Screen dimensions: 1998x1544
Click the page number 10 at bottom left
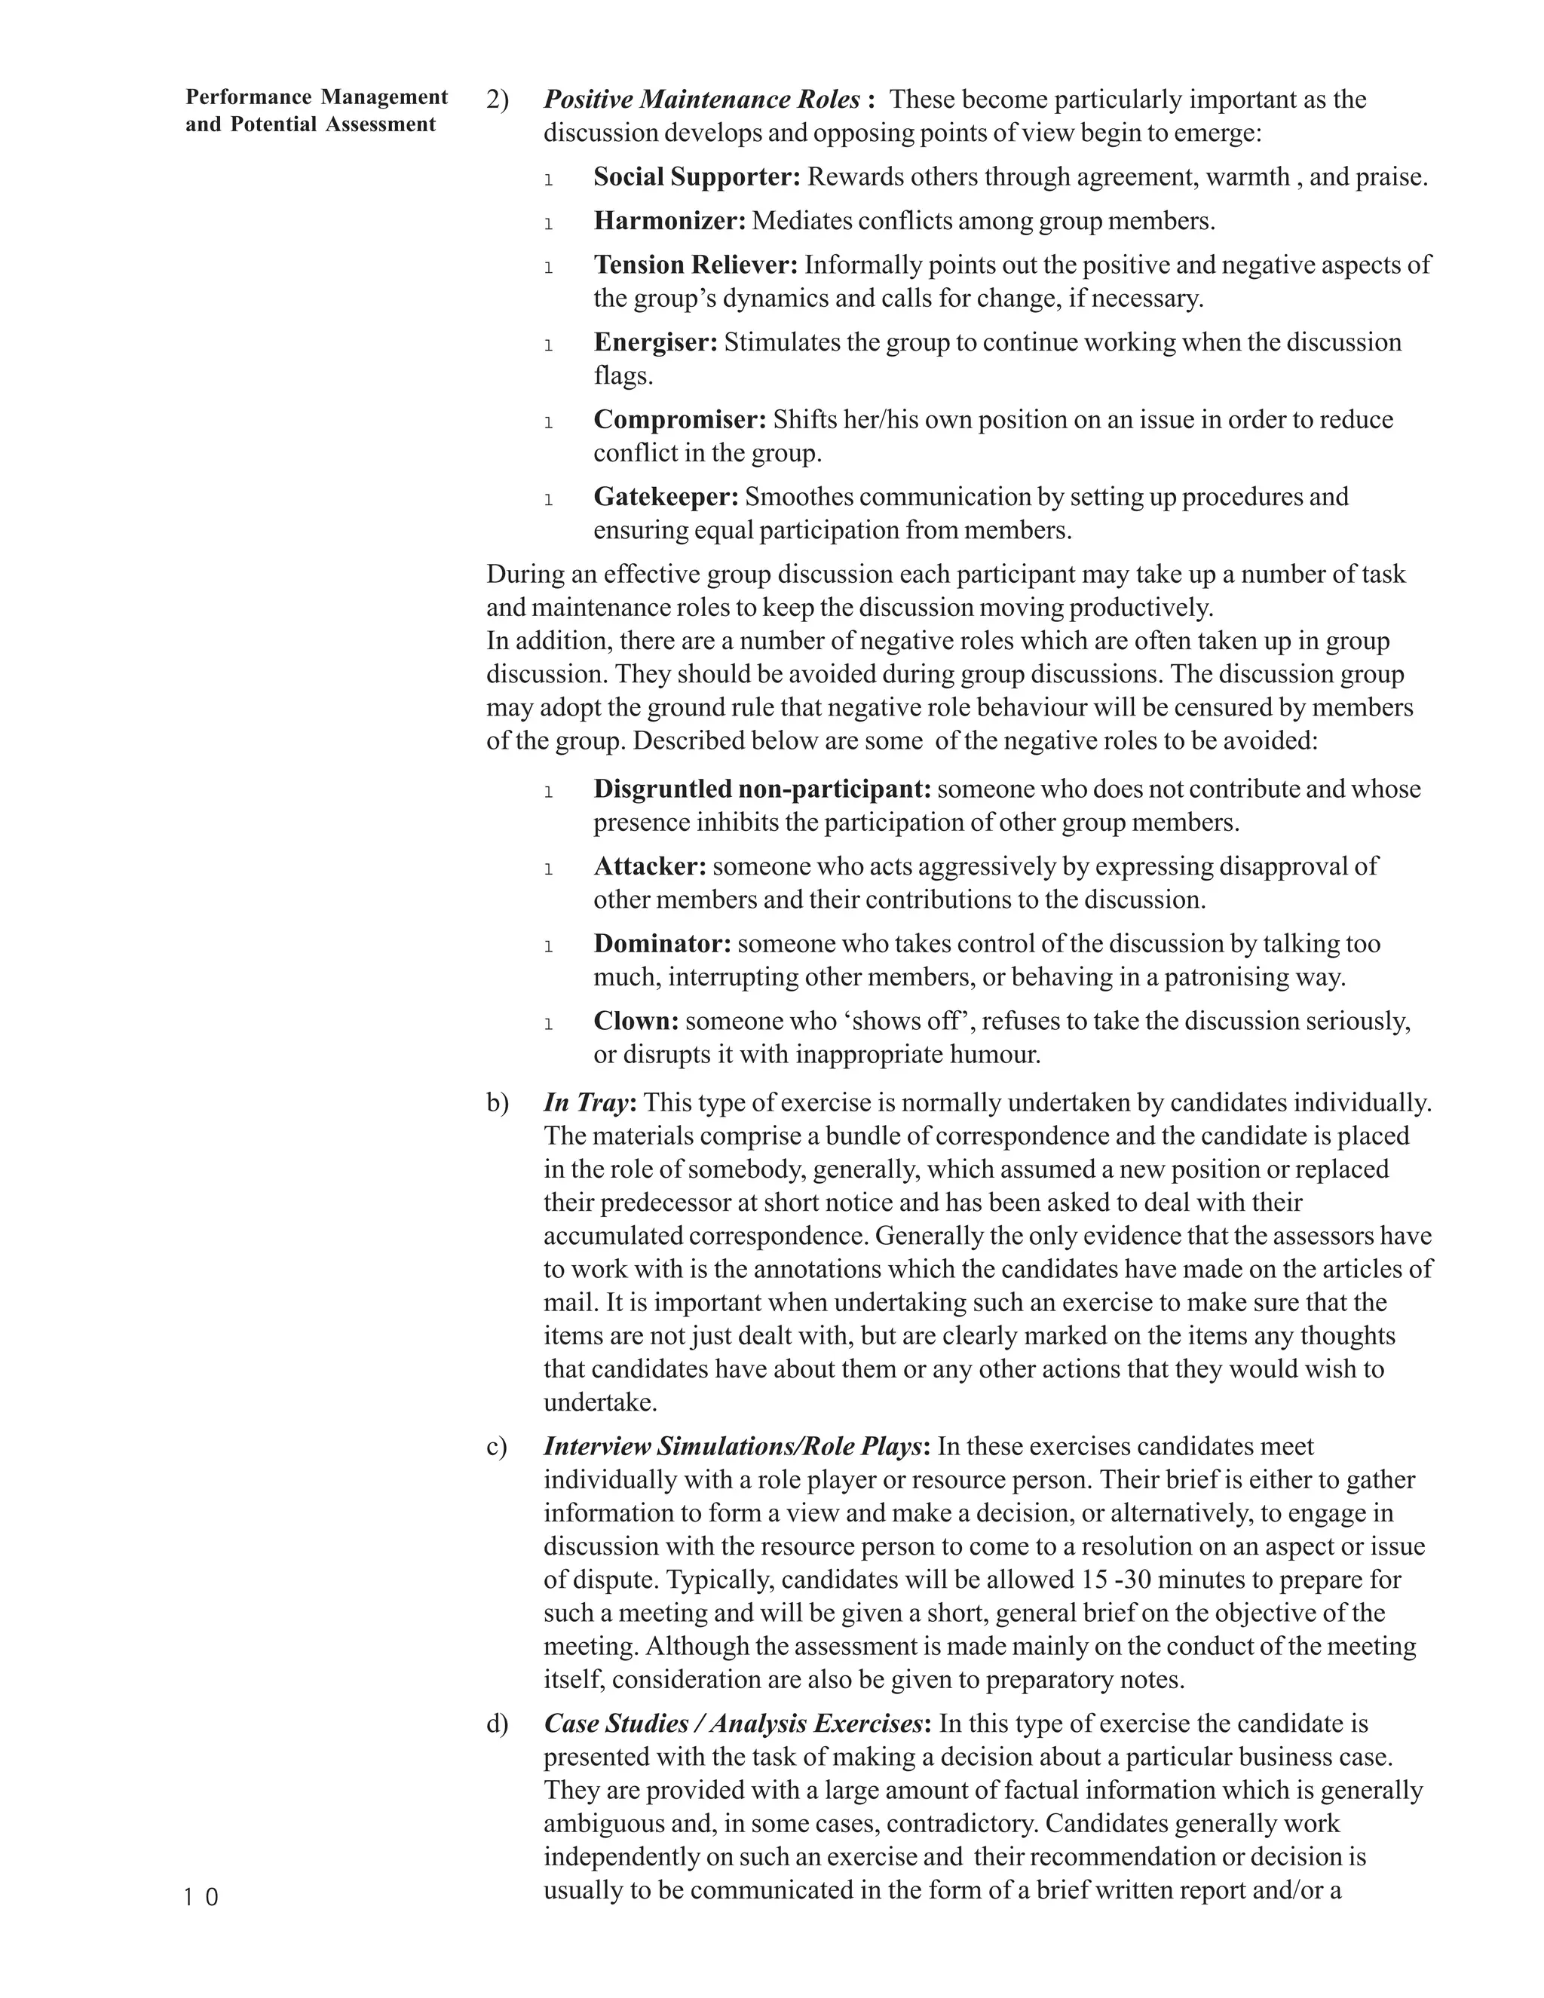point(201,1898)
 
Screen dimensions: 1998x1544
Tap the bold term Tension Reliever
point(696,265)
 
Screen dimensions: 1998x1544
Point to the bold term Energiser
point(656,342)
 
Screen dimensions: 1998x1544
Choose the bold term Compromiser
point(679,419)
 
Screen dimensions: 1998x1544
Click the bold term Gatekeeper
point(666,497)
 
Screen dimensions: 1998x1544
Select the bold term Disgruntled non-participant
point(762,789)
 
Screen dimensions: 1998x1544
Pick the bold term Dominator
point(662,943)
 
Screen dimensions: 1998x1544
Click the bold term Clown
point(636,1020)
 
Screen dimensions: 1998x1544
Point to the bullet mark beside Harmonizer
point(548,222)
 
